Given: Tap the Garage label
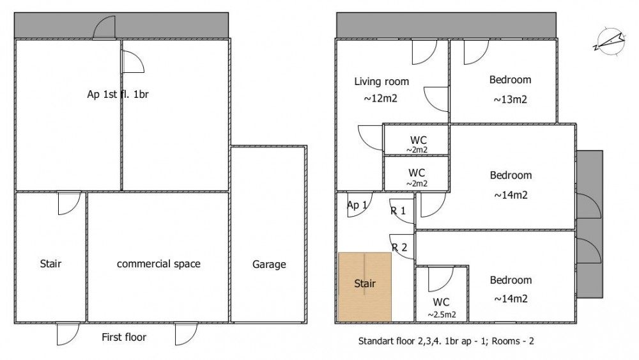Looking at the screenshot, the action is (269, 265).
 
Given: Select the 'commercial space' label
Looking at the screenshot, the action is (158, 264).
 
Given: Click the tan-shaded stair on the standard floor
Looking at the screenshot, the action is (365, 287).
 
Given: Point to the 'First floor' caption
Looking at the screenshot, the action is (124, 337).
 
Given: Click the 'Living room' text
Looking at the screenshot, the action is (381, 82).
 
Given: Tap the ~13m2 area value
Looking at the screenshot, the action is (510, 100).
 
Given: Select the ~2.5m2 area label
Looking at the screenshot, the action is (442, 315).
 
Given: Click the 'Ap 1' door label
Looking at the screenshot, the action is (357, 205).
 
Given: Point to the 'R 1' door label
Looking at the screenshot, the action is (398, 211).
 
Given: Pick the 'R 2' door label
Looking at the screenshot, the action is (399, 247).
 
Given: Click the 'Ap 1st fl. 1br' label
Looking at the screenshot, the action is (118, 94).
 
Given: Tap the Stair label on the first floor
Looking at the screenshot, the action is (50, 264).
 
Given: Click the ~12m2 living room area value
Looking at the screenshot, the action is (380, 98).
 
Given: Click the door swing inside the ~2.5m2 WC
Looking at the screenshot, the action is (440, 279).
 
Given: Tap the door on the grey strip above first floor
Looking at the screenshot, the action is (104, 27).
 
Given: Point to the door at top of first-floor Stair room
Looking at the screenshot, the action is (69, 203).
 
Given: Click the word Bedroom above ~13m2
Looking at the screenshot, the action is (510, 80).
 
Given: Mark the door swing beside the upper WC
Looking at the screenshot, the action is (371, 138).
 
